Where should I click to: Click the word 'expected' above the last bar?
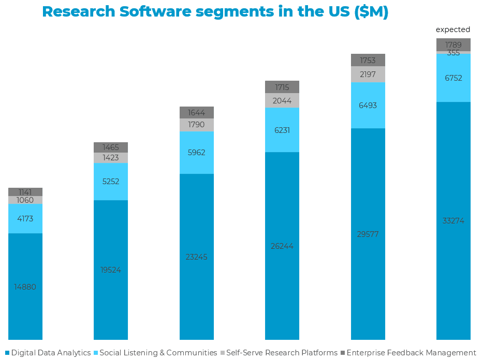[x=453, y=29]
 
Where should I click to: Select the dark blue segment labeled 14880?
[x=25, y=287]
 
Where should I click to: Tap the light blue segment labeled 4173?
[x=25, y=219]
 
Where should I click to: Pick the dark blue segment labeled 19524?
[x=111, y=269]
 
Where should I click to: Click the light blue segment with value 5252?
[x=111, y=182]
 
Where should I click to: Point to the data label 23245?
[x=196, y=257]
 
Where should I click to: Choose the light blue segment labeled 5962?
[x=196, y=153]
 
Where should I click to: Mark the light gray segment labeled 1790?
[x=196, y=125]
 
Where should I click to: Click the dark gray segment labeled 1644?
[x=196, y=113]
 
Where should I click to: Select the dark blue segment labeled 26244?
[x=282, y=246]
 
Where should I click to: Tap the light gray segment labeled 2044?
[x=282, y=100]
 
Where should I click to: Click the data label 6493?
[x=368, y=106]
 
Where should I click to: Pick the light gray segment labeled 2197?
[x=368, y=74]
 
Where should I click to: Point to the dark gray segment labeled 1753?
[x=368, y=60]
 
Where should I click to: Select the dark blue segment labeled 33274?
[x=453, y=221]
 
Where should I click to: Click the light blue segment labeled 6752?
[x=453, y=78]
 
